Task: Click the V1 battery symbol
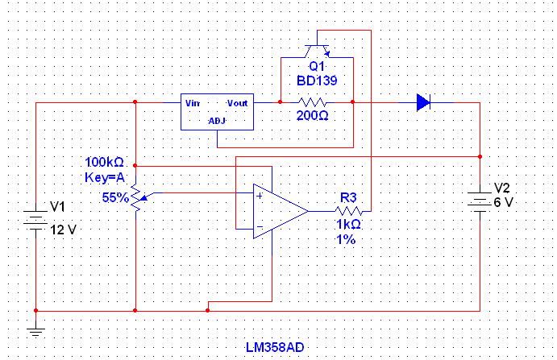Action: (35, 217)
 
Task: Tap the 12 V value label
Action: (63, 230)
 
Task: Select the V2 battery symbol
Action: (480, 202)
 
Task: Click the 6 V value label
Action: (503, 202)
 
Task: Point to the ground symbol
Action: (35, 332)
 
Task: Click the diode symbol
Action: (423, 102)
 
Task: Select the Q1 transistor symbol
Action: (317, 51)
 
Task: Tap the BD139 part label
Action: (317, 81)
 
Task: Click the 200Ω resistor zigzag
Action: (312, 102)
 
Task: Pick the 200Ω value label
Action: (313, 115)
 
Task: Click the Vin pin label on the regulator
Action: (193, 103)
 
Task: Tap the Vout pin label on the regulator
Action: (237, 103)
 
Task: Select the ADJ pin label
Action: (217, 121)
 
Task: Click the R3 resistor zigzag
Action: (348, 211)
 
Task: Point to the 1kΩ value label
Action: (348, 225)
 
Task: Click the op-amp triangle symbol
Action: (281, 211)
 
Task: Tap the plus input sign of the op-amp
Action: (260, 196)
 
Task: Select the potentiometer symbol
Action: (138, 197)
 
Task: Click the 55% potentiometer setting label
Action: (115, 197)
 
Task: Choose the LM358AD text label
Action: (275, 348)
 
